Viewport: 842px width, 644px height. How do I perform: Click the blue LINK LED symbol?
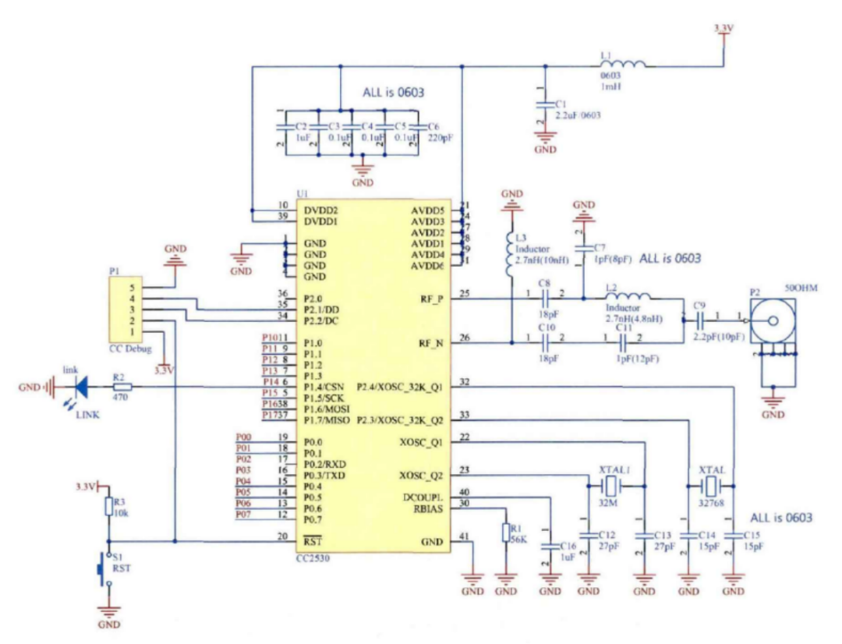click(x=81, y=385)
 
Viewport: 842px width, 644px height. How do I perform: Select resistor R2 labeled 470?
click(x=122, y=385)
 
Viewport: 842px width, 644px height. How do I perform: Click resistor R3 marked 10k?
click(x=108, y=508)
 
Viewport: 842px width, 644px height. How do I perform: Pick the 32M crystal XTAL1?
click(x=610, y=487)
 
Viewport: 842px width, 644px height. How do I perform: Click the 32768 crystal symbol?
click(x=709, y=487)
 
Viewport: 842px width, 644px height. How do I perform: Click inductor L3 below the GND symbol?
click(x=511, y=253)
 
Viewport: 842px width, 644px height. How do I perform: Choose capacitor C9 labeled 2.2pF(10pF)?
click(x=700, y=317)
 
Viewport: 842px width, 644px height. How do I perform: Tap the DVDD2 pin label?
click(x=320, y=211)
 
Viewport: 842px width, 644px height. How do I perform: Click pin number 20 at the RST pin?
click(x=282, y=536)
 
